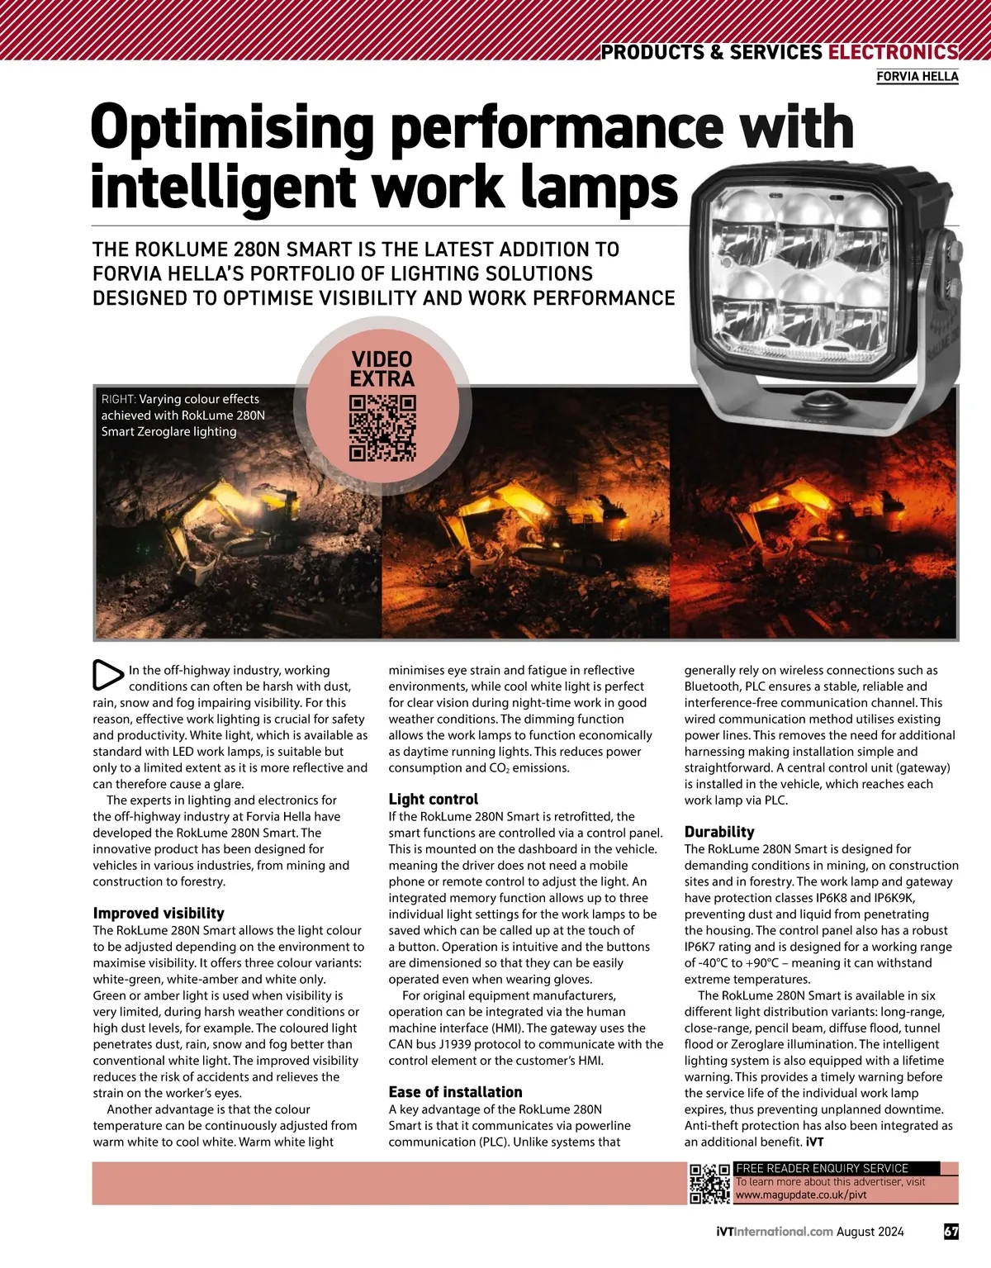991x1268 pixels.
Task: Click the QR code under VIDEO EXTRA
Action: click(x=382, y=428)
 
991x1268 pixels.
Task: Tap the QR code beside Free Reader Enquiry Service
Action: click(x=709, y=1183)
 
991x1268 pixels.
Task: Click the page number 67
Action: click(x=951, y=1231)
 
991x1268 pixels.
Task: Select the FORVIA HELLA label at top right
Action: click(x=917, y=77)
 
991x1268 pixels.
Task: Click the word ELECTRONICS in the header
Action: click(x=892, y=52)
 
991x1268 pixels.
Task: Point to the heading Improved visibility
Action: click(x=159, y=913)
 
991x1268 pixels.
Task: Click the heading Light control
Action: click(x=434, y=799)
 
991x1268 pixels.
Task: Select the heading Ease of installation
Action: click(x=455, y=1091)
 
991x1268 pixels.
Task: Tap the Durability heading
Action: click(x=719, y=832)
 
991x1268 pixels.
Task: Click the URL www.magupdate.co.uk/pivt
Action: click(x=801, y=1194)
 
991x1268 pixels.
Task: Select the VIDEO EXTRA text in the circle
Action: click(x=382, y=369)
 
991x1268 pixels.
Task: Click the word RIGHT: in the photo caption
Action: click(x=118, y=399)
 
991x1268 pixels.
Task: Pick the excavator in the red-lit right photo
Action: click(x=793, y=520)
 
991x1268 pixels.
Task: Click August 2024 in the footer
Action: click(x=870, y=1231)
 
